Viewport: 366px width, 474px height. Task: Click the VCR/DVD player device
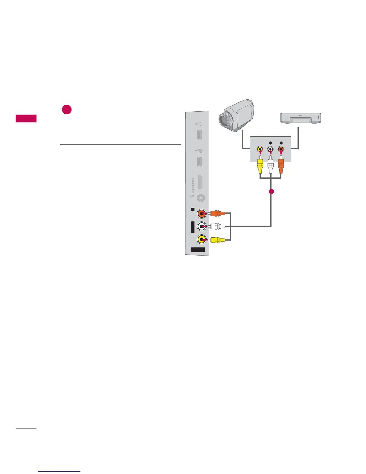click(301, 118)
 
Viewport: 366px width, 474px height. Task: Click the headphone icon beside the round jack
click(192, 197)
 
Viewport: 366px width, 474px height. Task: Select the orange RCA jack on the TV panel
click(202, 214)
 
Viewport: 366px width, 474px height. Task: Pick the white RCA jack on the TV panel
click(202, 227)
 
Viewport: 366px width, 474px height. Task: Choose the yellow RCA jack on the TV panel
click(202, 239)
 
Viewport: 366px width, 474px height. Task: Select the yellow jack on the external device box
click(260, 149)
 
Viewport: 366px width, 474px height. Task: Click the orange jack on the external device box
click(280, 149)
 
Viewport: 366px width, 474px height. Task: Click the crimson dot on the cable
click(271, 192)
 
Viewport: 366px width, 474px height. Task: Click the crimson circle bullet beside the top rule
click(67, 110)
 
